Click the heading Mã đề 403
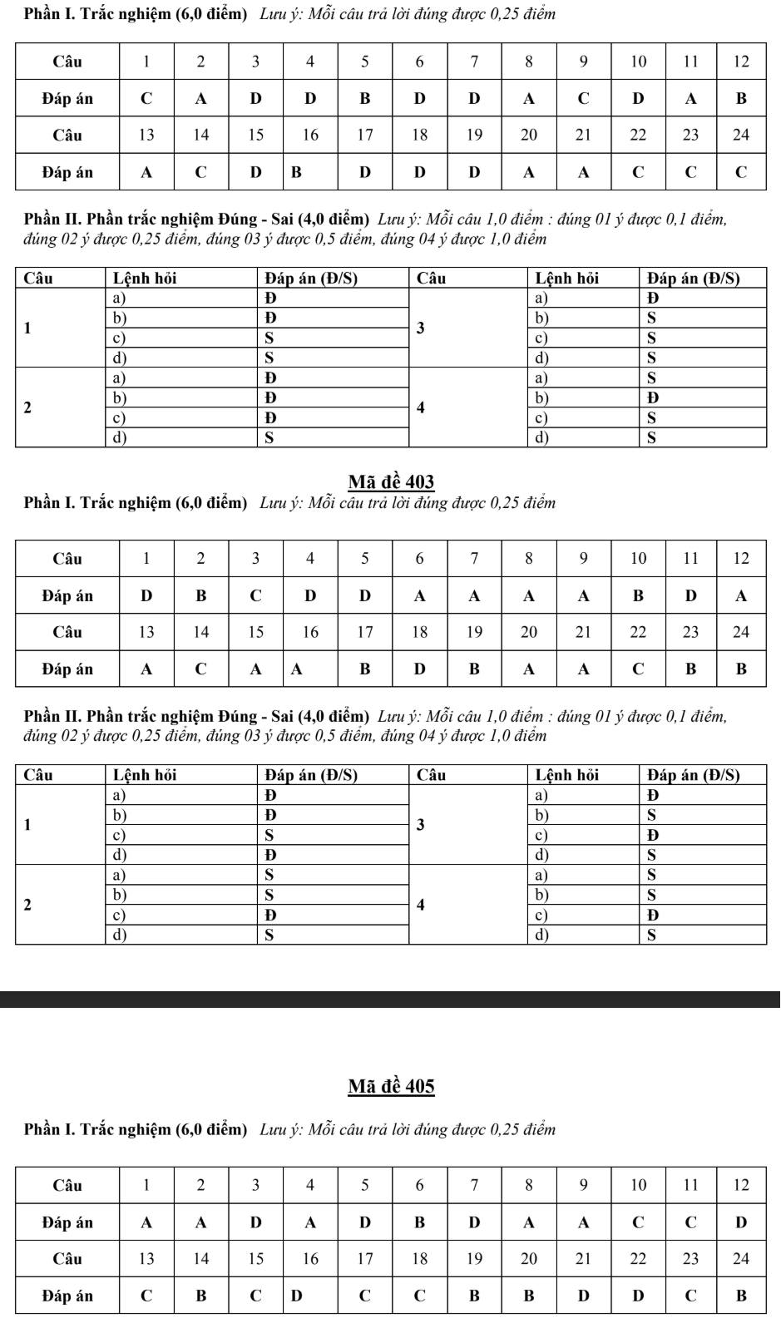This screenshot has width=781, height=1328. click(x=391, y=482)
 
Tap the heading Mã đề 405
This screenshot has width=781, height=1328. click(x=391, y=1086)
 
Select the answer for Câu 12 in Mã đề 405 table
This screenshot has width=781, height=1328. click(x=741, y=1222)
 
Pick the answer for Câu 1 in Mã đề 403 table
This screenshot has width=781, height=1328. click(x=146, y=595)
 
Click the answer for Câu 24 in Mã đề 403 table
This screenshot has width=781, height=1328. click(x=741, y=669)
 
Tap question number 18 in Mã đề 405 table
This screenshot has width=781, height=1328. click(x=419, y=1259)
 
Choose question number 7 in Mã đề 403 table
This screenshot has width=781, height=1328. click(x=474, y=559)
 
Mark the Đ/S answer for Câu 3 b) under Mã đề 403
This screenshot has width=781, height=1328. click(x=651, y=815)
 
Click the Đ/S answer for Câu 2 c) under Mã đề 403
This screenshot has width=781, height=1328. click(x=269, y=915)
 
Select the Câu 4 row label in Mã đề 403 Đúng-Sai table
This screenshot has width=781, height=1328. click(x=420, y=905)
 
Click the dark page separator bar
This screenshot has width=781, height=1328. click(x=390, y=999)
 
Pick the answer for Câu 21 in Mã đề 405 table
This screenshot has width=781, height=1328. click(x=583, y=1296)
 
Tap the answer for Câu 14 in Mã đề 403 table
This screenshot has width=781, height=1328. click(x=200, y=669)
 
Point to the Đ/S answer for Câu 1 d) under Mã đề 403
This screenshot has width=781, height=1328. click(x=269, y=855)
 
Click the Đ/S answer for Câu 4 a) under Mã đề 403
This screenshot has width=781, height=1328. click(x=651, y=875)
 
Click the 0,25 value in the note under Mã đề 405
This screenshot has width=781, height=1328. click(x=505, y=1129)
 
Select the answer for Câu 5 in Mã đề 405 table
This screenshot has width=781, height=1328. click(x=364, y=1222)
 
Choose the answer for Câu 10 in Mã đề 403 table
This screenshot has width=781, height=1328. click(x=638, y=595)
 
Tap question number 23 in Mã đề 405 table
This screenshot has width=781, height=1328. click(x=690, y=1259)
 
